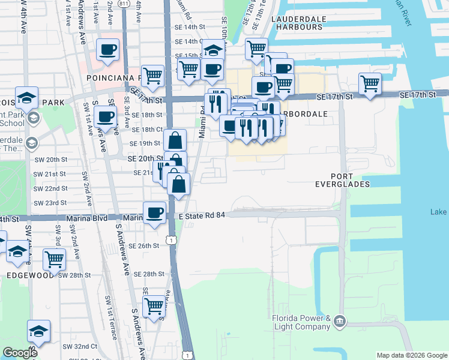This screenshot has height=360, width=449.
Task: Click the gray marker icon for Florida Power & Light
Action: pyautogui.click(x=340, y=322)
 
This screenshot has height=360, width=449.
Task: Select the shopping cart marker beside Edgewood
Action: pyautogui.click(x=54, y=259)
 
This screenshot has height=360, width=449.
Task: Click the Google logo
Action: pyautogui.click(x=20, y=353)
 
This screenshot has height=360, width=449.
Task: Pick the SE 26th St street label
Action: pyautogui.click(x=147, y=245)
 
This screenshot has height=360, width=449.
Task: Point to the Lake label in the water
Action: pyautogui.click(x=439, y=212)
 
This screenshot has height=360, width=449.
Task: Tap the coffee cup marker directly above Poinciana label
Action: pyautogui.click(x=108, y=50)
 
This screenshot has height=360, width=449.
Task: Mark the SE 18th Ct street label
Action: pyautogui.click(x=147, y=129)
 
